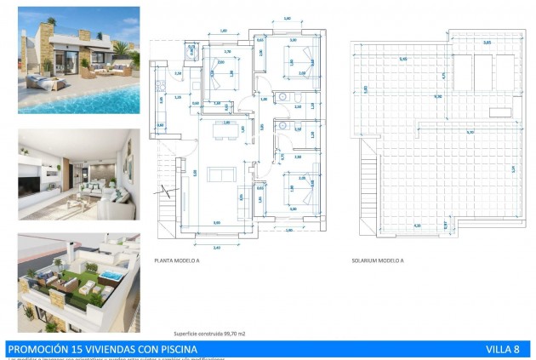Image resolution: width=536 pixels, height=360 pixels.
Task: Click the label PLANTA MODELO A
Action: (177, 262)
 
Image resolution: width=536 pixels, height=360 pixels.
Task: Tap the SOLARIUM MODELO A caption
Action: (376, 262)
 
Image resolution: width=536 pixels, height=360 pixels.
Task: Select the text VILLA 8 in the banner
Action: (503, 349)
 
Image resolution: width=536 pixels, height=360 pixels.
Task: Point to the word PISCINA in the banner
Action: (174, 349)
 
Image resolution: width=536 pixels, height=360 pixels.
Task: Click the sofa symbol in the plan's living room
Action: (223, 174)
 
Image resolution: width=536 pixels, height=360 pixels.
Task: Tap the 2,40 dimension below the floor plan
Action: (215, 247)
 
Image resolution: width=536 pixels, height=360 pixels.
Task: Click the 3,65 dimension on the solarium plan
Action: (488, 42)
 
